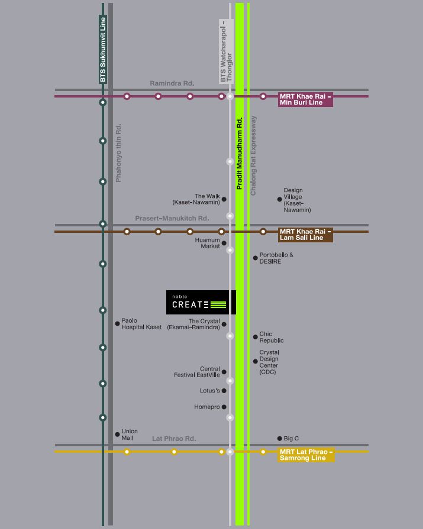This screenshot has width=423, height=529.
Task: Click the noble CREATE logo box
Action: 201,302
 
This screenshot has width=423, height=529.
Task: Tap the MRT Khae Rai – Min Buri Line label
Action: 305,99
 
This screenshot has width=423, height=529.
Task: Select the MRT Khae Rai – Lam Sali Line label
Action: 305,235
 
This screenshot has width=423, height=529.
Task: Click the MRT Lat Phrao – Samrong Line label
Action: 306,455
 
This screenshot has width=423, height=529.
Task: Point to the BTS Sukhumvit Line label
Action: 103,50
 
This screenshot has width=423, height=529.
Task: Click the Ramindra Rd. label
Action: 172,84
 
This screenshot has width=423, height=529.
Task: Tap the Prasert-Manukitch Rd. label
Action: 172,219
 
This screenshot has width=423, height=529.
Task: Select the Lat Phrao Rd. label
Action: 174,439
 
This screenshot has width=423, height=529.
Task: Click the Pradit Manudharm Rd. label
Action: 240,152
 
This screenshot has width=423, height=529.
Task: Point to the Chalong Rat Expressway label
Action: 254,155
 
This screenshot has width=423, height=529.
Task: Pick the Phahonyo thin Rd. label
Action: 118,152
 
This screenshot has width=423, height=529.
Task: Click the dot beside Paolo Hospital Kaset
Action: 117,323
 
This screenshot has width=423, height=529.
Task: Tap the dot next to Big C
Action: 280,439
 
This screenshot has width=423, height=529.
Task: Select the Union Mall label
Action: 130,434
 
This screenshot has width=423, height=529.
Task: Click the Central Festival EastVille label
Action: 197,372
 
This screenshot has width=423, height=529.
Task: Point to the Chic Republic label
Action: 272,337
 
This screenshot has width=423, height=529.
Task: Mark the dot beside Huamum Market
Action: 224,243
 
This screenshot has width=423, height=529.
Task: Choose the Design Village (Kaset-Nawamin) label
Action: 296,200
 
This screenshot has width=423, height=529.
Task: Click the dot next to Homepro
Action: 224,407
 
